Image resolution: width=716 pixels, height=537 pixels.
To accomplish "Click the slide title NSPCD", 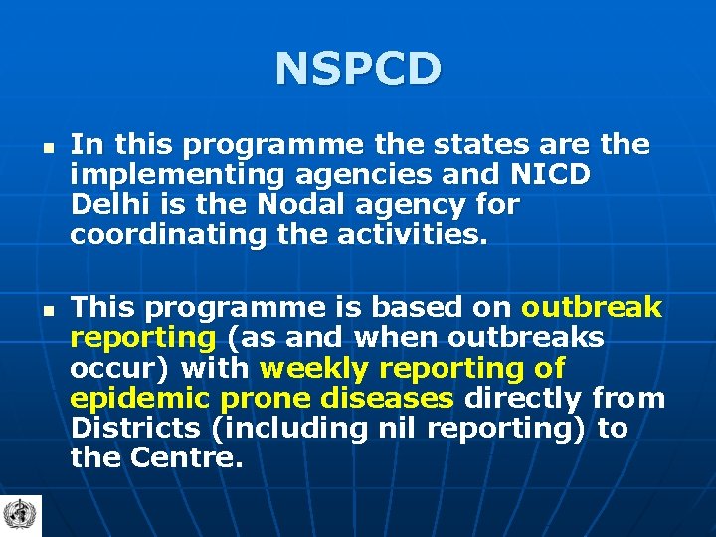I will tap(358, 69).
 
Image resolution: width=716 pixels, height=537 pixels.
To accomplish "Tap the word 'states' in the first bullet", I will tap(476, 145).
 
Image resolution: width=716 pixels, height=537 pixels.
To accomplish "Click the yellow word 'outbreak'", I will tap(592, 308).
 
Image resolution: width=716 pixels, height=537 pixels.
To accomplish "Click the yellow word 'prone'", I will tap(260, 399).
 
